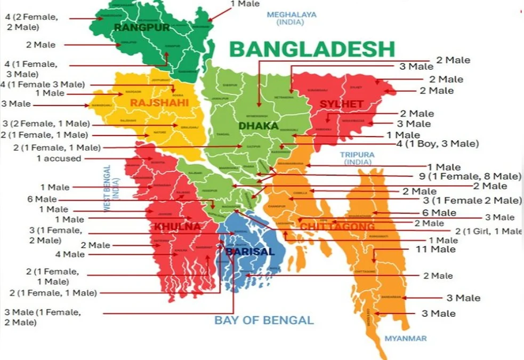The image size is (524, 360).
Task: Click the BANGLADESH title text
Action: click(x=312, y=49)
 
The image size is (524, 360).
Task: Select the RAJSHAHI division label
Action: click(x=159, y=102)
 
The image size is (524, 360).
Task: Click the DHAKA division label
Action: click(x=259, y=126)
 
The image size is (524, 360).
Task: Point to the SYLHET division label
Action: click(x=341, y=103)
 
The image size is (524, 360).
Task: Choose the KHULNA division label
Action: click(x=177, y=227)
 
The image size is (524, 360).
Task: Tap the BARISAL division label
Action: click(x=250, y=251)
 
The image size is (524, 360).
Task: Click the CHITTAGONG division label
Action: click(x=337, y=227)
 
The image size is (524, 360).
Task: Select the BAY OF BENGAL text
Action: click(x=264, y=320)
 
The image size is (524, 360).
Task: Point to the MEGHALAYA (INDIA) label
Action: click(x=292, y=18)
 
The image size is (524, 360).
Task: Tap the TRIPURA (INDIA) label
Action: click(x=358, y=158)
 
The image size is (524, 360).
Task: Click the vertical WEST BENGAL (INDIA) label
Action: click(x=110, y=189)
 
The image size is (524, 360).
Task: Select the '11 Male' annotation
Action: click(x=436, y=249)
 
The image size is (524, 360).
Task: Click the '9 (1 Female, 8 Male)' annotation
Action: click(x=470, y=176)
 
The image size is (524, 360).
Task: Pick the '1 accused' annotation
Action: click(x=59, y=158)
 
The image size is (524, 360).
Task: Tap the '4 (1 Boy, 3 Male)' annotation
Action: click(x=437, y=143)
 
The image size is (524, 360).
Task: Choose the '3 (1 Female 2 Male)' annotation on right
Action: click(x=472, y=200)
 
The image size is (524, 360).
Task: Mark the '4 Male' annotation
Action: click(x=70, y=254)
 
